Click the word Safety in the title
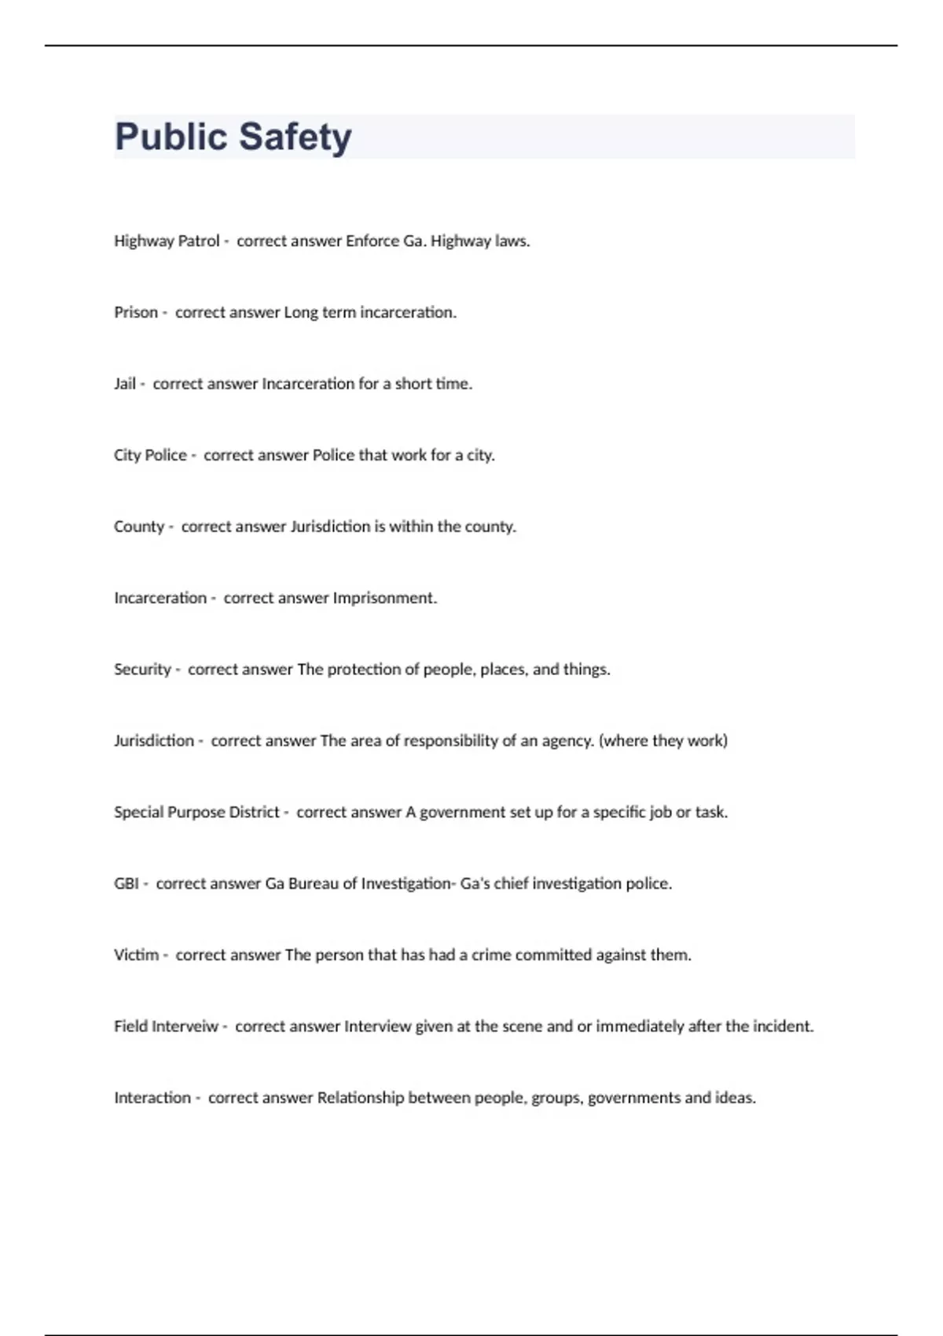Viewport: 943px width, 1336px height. tap(295, 137)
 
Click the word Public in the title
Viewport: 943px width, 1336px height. tap(171, 137)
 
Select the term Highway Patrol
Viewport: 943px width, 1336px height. tap(167, 241)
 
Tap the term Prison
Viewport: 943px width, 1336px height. tap(136, 313)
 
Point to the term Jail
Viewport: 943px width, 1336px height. tap(125, 384)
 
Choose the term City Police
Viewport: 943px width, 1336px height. tap(150, 456)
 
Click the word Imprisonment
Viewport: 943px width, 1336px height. tap(384, 598)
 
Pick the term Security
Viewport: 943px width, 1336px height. tap(142, 670)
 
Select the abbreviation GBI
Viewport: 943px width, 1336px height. tap(127, 883)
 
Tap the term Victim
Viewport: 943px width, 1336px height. tap(136, 955)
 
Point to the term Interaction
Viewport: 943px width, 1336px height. tap(152, 1098)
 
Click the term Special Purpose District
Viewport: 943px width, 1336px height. tap(196, 812)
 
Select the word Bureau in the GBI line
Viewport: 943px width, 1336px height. tap(313, 883)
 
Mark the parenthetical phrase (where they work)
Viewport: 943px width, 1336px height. tap(663, 741)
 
